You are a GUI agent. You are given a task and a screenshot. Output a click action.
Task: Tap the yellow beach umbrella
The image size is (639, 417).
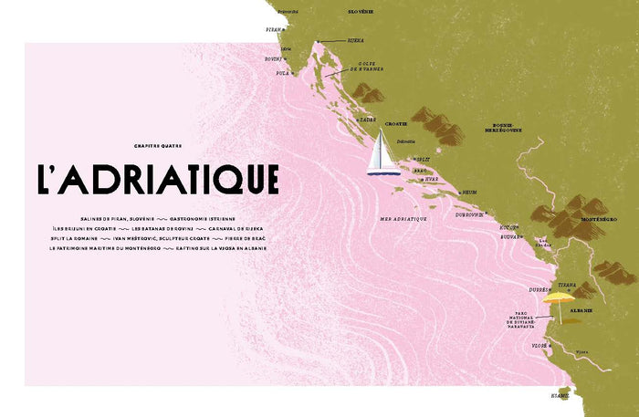pos(558,297)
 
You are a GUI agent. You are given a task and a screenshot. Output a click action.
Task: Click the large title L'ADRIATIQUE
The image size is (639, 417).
pos(157,180)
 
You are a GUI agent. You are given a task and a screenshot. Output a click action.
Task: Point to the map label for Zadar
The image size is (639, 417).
pos(368,119)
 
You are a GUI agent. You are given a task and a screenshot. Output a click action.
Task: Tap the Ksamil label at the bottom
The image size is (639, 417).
pos(559,396)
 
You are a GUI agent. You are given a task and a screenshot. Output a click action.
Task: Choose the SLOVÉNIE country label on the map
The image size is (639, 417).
pos(361,12)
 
